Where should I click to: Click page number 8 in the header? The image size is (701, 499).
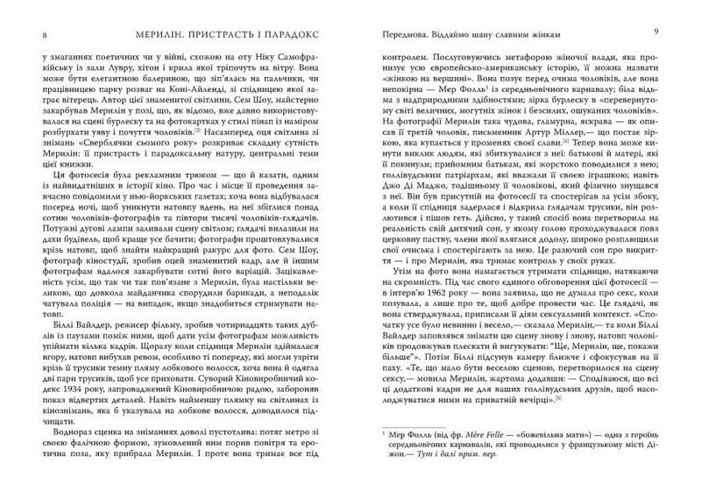click(x=32, y=34)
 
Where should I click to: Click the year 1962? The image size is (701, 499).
click(x=435, y=331)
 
